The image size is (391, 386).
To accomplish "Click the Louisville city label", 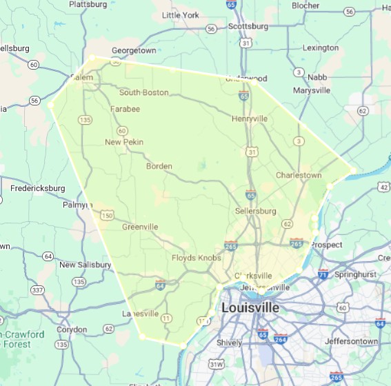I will (x=250, y=307).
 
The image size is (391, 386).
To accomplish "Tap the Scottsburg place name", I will (x=248, y=26).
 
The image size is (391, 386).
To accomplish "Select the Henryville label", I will (x=250, y=119).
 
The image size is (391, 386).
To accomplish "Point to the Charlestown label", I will (x=299, y=175).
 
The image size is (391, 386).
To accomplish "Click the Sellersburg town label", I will (x=255, y=210).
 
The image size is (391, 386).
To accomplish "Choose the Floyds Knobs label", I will (x=197, y=258).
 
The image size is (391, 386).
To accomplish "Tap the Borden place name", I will (x=159, y=166).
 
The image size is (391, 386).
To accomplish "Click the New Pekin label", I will (x=124, y=142).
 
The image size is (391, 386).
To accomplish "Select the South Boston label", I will (x=143, y=92).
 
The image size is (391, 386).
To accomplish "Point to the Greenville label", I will (x=140, y=227).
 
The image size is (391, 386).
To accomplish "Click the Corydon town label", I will (x=72, y=329).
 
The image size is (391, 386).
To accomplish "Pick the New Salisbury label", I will (x=85, y=265).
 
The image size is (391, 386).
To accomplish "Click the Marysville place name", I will (x=312, y=90).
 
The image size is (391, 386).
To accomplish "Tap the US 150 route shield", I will (x=107, y=216).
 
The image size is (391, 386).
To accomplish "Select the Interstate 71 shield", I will (x=323, y=274).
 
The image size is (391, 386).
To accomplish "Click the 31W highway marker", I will (x=217, y=364).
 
